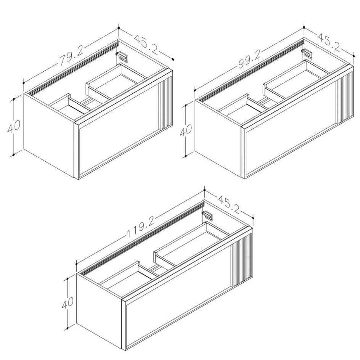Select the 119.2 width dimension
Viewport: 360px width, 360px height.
pyautogui.click(x=140, y=227)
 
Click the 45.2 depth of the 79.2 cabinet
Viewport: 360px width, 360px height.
pyautogui.click(x=146, y=44)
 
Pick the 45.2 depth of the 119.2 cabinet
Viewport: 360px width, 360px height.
pyautogui.click(x=229, y=204)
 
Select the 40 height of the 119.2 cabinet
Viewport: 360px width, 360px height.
pyautogui.click(x=67, y=303)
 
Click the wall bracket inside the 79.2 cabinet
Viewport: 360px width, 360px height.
pyautogui.click(x=122, y=56)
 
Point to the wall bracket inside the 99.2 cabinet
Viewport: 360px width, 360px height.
pyautogui.click(x=307, y=54)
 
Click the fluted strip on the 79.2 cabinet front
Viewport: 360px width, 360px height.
pyautogui.click(x=165, y=105)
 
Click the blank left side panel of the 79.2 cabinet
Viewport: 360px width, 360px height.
pyautogui.click(x=49, y=135)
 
